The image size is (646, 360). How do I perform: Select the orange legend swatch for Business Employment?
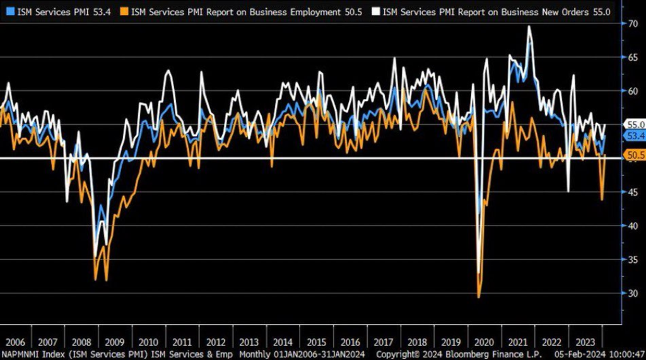pos(126,12)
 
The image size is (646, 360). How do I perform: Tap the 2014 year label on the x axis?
pos(283,342)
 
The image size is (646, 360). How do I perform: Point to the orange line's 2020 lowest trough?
pos(479,297)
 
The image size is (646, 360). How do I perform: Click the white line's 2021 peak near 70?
pos(529,26)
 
